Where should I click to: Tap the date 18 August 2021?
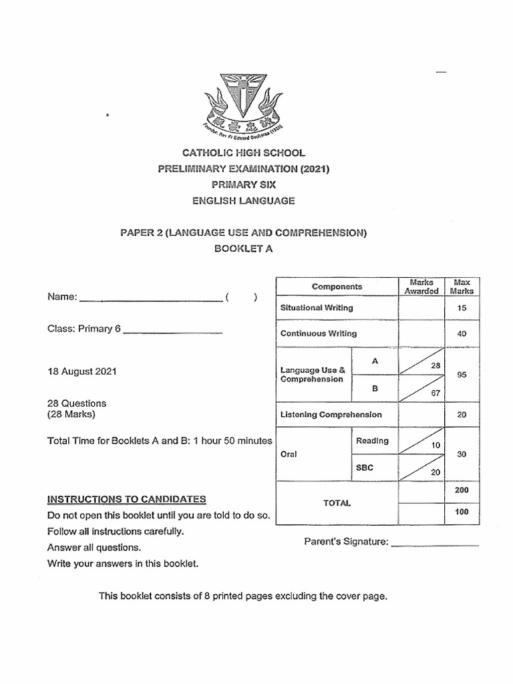[81, 371]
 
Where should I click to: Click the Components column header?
[337, 287]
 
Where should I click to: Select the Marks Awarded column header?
[421, 287]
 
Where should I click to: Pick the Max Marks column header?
[462, 287]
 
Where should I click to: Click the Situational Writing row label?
[317, 308]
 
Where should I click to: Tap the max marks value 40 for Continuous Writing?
[462, 333]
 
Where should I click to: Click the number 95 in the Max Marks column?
[462, 375]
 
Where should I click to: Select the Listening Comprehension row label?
[331, 415]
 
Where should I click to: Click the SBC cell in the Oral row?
[364, 468]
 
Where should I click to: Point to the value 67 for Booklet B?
[436, 393]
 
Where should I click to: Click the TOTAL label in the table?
[337, 504]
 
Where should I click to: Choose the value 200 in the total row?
[462, 490]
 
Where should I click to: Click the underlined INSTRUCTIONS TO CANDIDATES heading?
[127, 499]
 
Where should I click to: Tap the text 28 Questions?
[77, 403]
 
